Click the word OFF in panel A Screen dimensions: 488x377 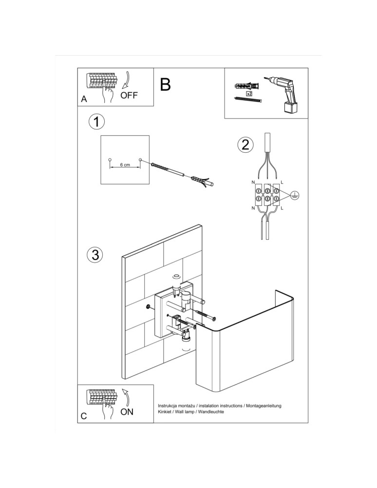[129, 95]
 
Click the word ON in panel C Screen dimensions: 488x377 [127, 412]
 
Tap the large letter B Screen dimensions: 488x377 [165, 84]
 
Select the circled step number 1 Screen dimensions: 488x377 [97, 122]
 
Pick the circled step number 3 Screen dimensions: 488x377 [95, 254]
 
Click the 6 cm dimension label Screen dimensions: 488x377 [125, 165]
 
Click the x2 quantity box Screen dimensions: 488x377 [249, 93]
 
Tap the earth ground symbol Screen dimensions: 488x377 [294, 195]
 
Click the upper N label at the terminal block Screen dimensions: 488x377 [253, 182]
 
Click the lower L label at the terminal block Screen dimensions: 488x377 [282, 208]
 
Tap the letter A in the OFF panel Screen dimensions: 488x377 [84, 99]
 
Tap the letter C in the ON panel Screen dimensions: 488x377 [84, 416]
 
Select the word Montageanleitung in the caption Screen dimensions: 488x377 [260, 406]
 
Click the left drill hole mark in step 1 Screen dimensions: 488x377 [110, 160]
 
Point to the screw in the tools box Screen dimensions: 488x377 [248, 100]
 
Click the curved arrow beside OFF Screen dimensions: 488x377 [128, 80]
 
